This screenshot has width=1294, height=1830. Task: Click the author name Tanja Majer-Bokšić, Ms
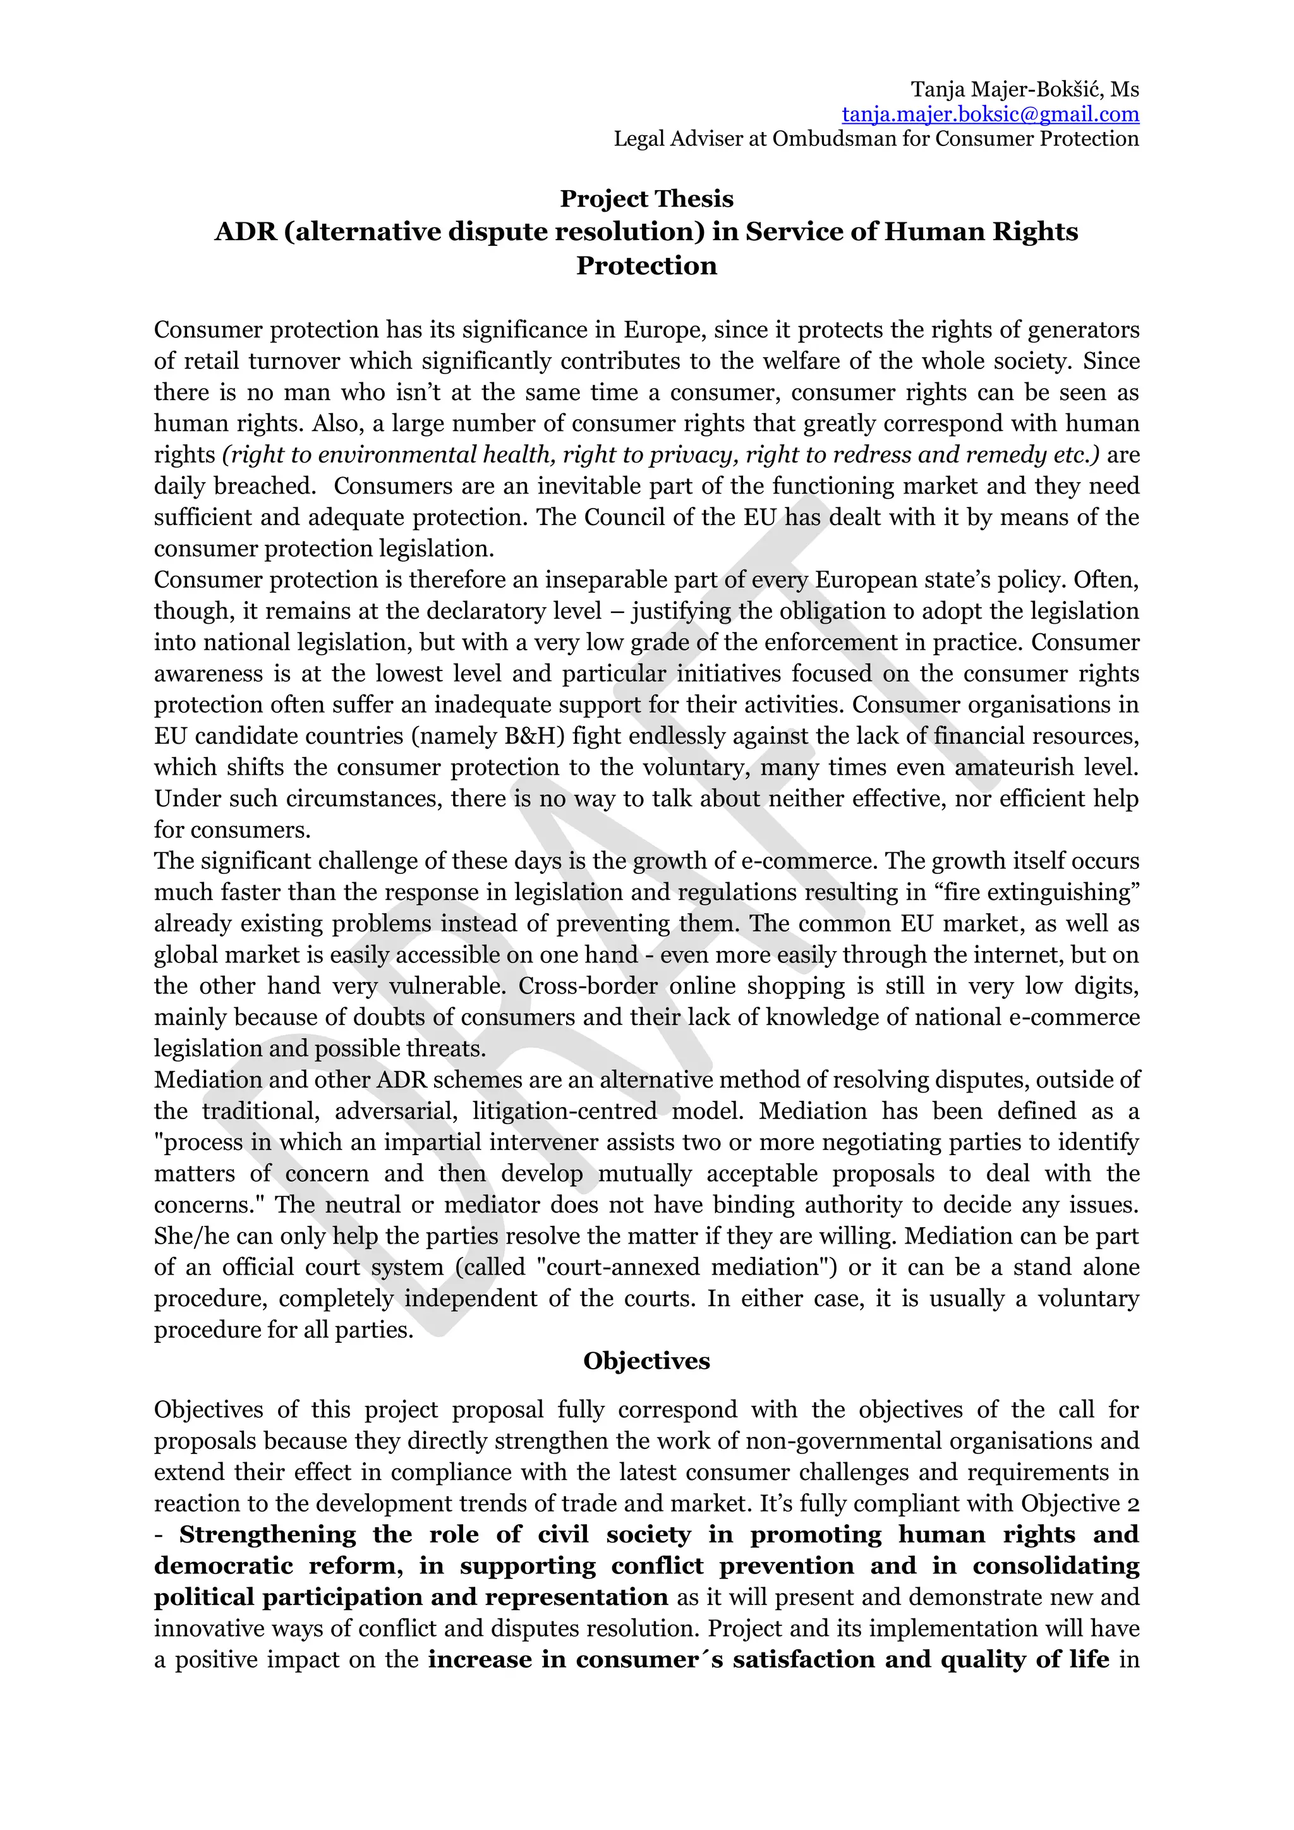click(1025, 89)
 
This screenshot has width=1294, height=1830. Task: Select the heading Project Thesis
click(646, 198)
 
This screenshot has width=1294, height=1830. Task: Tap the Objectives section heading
click(646, 1360)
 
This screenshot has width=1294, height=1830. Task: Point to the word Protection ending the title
click(646, 265)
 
